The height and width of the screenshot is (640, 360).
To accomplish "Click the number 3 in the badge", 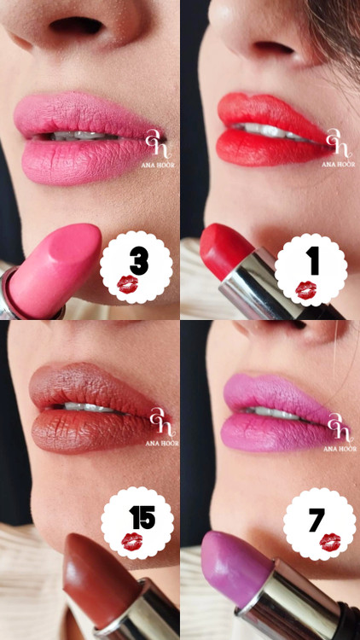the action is point(139,262).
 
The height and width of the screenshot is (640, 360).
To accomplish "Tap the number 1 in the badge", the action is point(314,264).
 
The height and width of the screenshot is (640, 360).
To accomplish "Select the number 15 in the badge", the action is point(142,517).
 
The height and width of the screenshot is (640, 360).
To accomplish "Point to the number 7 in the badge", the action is point(316,520).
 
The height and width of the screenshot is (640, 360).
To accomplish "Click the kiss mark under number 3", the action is point(127,284).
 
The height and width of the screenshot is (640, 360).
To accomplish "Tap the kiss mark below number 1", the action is point(305,290).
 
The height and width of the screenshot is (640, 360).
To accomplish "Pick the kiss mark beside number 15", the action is point(132,542).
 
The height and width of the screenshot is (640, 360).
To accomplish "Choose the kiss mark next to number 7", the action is point(330,542).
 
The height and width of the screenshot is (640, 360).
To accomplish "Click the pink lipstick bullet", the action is point(55,270).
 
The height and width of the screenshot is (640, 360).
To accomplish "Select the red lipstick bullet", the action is point(225,250).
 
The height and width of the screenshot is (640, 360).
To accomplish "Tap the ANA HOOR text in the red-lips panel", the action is point(339,164).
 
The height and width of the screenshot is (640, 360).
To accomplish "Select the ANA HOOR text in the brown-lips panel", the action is point(162,443).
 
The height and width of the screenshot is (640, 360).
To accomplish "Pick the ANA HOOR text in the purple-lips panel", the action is point(340,449).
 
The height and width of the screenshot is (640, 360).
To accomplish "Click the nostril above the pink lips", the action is point(76,26).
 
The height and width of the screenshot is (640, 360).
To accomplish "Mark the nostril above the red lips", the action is point(273,48).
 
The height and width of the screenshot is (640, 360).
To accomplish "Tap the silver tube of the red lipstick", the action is point(261,286).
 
